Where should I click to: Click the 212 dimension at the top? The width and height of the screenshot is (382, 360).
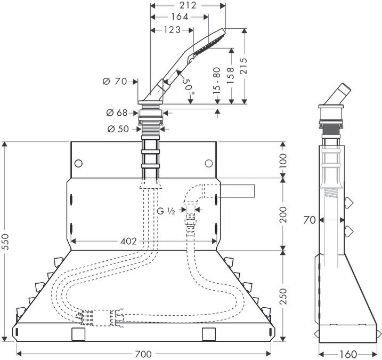pos(189,5)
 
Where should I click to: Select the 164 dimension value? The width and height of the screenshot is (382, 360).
pos(180,17)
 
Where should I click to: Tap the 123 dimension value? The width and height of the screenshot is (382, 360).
pos(172,30)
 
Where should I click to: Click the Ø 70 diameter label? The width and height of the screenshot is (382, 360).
pos(115,81)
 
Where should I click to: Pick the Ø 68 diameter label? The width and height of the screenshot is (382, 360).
pos(117,113)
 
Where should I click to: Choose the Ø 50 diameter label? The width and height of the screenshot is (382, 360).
pos(118,129)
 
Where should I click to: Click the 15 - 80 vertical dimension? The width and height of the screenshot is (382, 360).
pos(217,81)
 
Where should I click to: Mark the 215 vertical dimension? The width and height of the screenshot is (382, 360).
pos(243,66)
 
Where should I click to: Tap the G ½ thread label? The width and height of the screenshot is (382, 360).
pos(166,211)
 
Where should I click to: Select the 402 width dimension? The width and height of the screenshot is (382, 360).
pos(128,241)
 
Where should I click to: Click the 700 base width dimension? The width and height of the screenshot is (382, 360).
pos(143,354)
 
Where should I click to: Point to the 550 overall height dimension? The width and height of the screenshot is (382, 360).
pos(5,242)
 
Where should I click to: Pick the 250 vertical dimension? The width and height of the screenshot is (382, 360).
pos(283,296)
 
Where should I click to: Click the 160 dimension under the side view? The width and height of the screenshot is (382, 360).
pos(348,354)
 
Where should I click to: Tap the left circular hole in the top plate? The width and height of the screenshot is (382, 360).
pos(78,163)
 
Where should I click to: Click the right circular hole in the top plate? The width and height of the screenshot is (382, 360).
pos(209,163)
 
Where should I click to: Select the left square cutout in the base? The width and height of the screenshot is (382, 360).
pos(78,334)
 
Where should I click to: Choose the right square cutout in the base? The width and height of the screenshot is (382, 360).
pos(209,334)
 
